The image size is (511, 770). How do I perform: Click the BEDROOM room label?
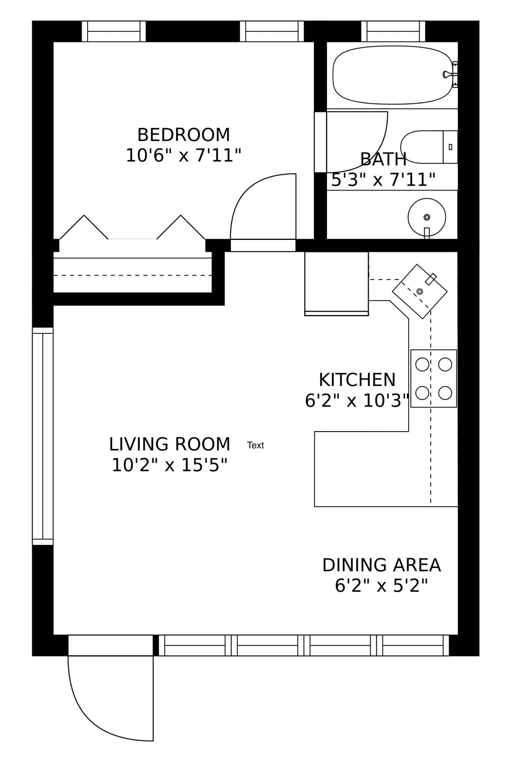coord(183,135)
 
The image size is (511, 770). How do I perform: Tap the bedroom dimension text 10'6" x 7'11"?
coord(183,155)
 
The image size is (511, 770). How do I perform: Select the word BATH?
coord(383,160)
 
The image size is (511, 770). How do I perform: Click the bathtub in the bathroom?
coord(392,75)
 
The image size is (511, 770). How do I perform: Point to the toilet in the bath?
coord(429,147)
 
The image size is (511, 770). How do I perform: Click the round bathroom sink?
coord(427,217)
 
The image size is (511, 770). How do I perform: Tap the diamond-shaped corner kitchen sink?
coord(420,291)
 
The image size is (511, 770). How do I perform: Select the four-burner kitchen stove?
coord(434,378)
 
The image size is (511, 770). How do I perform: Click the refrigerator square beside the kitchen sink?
coord(336,283)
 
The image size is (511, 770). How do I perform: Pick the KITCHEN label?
coord(357,380)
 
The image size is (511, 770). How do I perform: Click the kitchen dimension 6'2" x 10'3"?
coord(357,401)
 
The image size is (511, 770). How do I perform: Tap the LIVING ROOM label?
coord(169,444)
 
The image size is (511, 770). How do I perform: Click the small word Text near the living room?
coord(255,445)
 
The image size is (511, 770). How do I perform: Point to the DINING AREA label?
coord(382,565)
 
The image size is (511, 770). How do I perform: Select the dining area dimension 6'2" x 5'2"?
coord(382,586)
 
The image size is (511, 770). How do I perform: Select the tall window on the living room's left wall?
coord(43,436)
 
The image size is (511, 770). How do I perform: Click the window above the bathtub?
coord(393,31)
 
